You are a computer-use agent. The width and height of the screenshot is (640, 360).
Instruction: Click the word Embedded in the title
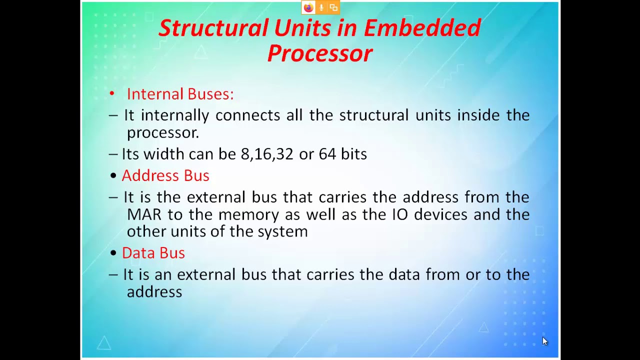click(422, 28)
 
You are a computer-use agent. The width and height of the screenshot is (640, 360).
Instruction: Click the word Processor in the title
click(320, 53)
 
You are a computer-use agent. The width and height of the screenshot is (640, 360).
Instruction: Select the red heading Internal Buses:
click(180, 94)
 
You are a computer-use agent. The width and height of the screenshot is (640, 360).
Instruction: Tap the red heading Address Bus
click(165, 175)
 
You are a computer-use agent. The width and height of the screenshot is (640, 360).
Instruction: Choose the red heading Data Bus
click(153, 253)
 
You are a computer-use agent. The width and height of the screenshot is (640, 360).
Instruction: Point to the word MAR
click(144, 214)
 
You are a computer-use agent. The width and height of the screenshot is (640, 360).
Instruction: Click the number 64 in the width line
click(327, 154)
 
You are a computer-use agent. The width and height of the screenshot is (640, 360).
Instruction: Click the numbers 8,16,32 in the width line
click(267, 154)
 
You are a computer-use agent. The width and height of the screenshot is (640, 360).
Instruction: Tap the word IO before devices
click(399, 214)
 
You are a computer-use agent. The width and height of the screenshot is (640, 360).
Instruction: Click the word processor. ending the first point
click(162, 133)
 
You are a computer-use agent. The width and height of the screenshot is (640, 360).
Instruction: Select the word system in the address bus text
click(282, 231)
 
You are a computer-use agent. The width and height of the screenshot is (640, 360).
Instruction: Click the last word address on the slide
click(154, 292)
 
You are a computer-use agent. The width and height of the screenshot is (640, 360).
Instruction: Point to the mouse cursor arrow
click(544, 341)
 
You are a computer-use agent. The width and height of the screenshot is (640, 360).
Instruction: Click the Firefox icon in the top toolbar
click(308, 7)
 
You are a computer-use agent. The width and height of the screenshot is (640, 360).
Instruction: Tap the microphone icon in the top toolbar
click(321, 7)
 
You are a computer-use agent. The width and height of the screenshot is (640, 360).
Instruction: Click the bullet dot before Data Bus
click(113, 253)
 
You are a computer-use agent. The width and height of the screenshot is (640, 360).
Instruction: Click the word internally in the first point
click(175, 115)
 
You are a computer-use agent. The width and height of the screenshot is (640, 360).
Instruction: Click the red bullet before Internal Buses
click(112, 93)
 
